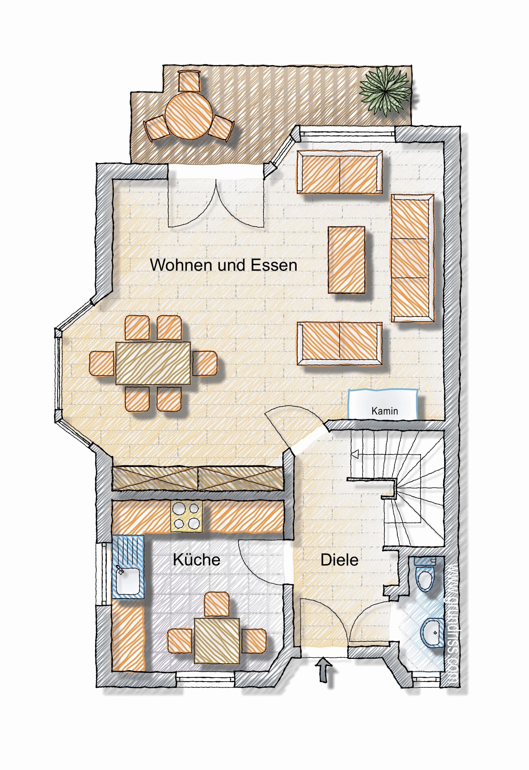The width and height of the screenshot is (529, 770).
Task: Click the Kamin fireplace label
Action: pyautogui.click(x=384, y=411)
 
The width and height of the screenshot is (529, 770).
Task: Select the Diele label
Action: pyautogui.click(x=340, y=560)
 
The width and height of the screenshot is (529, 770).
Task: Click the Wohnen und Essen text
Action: pyautogui.click(x=224, y=265)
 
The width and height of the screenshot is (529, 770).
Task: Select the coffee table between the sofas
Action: pyautogui.click(x=347, y=260)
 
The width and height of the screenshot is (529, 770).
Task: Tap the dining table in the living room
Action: pyautogui.click(x=153, y=363)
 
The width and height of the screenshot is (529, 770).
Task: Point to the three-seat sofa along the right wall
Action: pyautogui.click(x=413, y=258)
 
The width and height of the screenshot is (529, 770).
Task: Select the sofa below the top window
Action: pyautogui.click(x=340, y=171)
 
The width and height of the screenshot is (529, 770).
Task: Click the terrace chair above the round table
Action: pyautogui.click(x=189, y=81)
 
